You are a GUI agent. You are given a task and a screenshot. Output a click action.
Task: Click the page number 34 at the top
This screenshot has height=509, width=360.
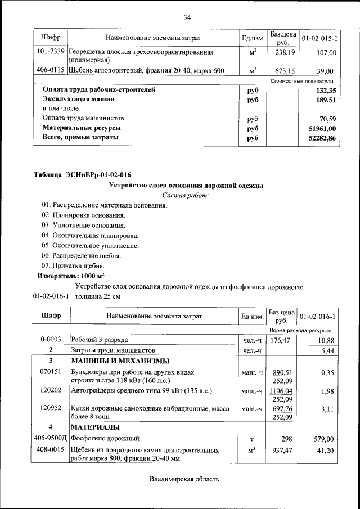tap(187, 17)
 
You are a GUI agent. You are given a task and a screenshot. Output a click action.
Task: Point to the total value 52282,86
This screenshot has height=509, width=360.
tap(322, 138)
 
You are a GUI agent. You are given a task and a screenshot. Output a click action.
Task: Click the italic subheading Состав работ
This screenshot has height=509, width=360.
tap(185, 195)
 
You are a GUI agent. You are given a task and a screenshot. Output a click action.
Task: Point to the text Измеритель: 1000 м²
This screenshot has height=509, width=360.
tap(71, 276)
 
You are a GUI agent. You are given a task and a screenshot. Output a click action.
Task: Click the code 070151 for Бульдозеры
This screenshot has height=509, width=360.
tap(49, 372)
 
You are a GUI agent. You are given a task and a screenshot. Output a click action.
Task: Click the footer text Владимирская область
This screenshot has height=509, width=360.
tap(184, 479)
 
